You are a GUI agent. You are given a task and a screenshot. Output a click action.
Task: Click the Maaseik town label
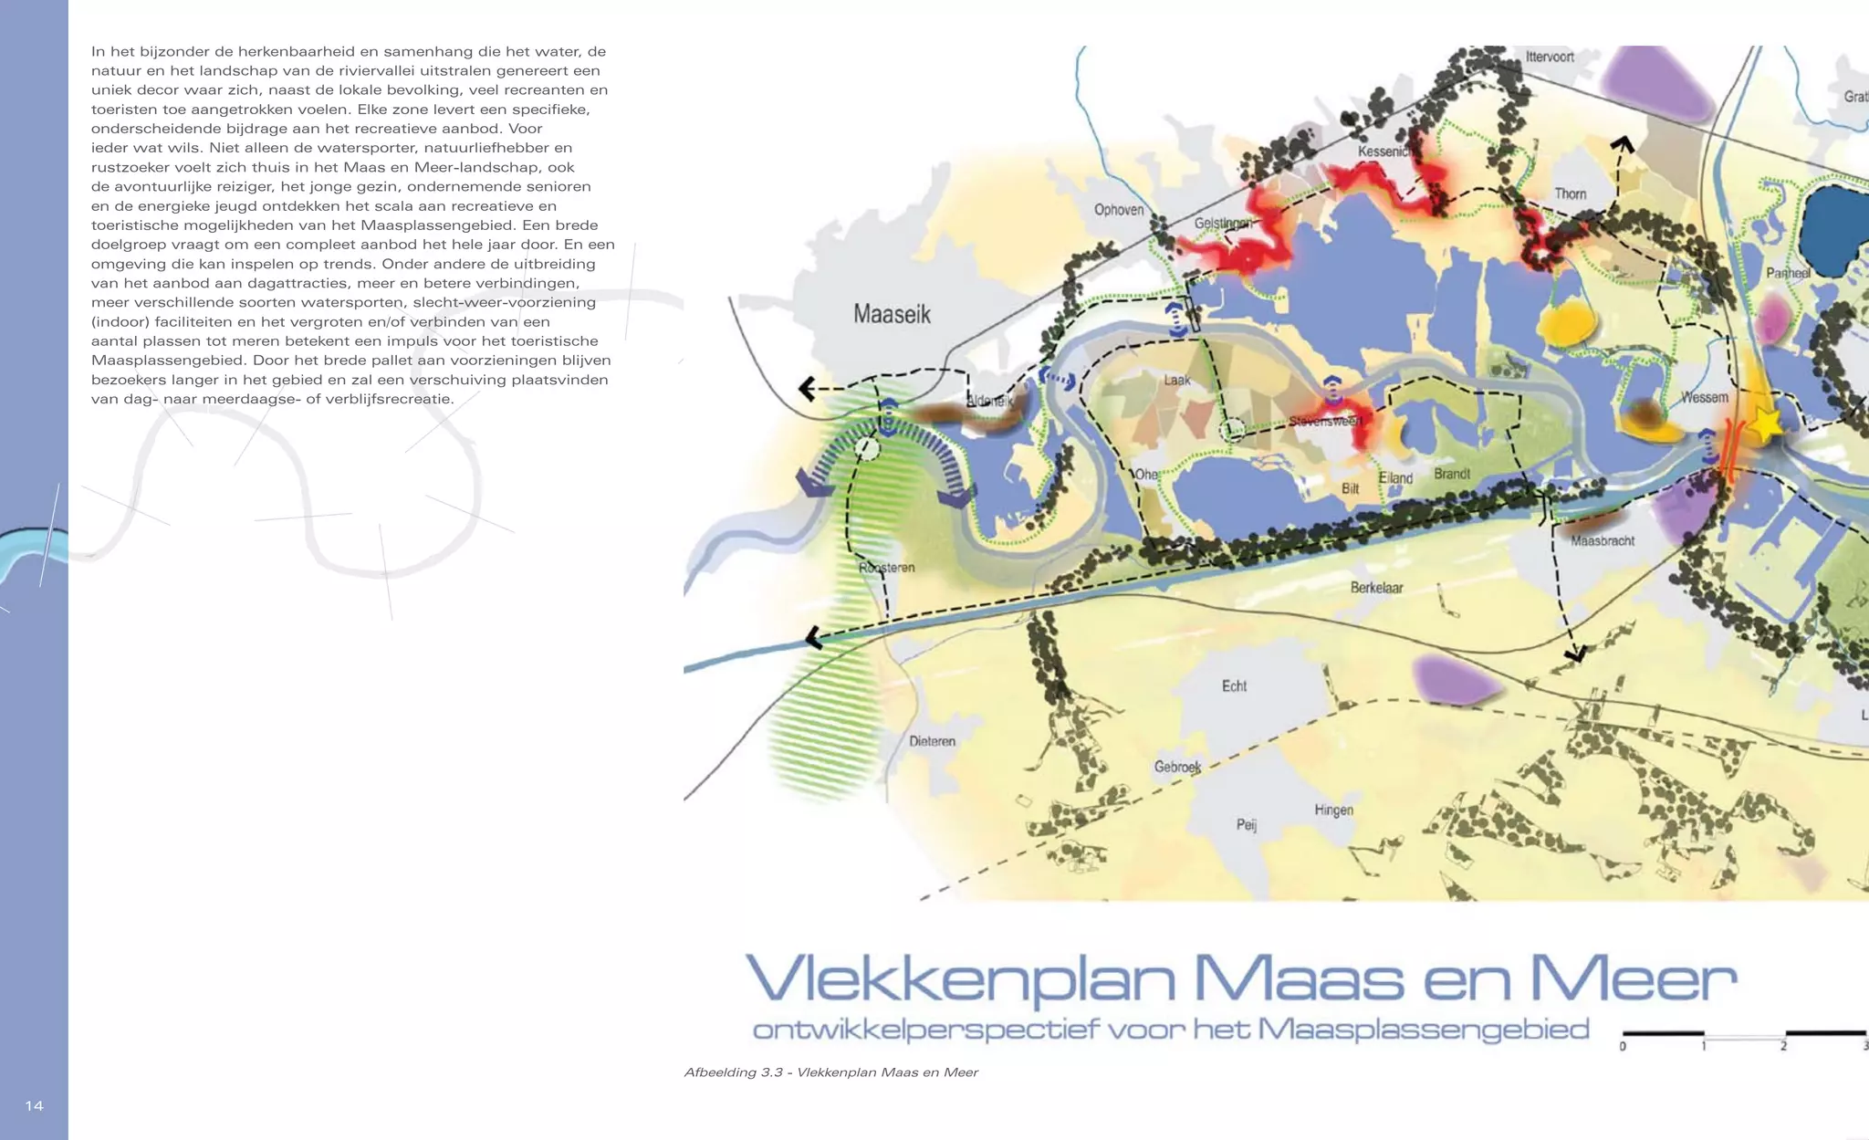892,315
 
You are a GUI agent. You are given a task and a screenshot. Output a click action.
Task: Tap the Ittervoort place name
1550,58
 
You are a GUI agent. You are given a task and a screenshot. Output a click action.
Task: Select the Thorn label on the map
1571,193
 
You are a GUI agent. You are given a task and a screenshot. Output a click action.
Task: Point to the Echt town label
1234,685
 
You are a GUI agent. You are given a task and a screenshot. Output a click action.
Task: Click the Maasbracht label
1603,541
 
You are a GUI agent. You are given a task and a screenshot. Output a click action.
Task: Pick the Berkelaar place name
1376,588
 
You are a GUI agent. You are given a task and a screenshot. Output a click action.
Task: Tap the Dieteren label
932,741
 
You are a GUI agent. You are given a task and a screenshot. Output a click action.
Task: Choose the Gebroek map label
1177,767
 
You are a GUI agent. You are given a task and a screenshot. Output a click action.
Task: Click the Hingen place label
1333,810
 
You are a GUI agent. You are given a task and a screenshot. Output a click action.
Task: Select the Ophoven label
1119,210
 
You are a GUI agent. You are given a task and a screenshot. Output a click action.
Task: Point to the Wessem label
1705,397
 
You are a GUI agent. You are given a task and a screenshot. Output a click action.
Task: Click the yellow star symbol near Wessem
1767,424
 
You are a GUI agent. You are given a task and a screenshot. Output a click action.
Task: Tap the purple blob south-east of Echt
1455,679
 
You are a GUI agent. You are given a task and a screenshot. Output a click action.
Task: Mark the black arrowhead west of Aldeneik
807,389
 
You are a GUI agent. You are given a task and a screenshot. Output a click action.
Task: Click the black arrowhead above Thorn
1622,144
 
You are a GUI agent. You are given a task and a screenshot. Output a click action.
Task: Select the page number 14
34,1106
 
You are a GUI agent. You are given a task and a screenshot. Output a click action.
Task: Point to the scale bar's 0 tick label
1623,1046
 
